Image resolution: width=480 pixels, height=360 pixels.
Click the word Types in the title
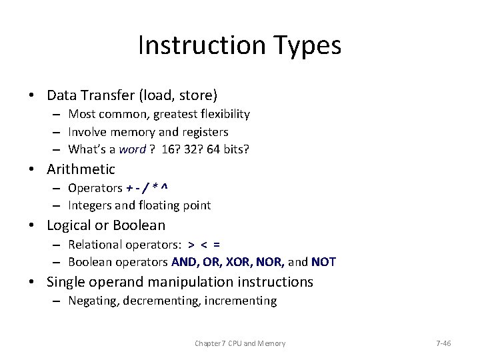tap(306, 45)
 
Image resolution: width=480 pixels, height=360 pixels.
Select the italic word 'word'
tap(132, 149)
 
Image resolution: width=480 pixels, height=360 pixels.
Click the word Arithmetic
tap(81, 169)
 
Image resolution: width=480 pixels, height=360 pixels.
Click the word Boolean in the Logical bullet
tap(139, 225)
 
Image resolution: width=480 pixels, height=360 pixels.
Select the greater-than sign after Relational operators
tap(191, 244)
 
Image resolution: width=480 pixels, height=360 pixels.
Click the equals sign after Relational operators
tap(217, 244)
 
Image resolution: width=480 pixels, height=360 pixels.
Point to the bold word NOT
tap(324, 262)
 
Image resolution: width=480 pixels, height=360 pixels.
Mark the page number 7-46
tap(443, 343)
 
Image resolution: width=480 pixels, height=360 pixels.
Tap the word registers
tap(204, 131)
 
